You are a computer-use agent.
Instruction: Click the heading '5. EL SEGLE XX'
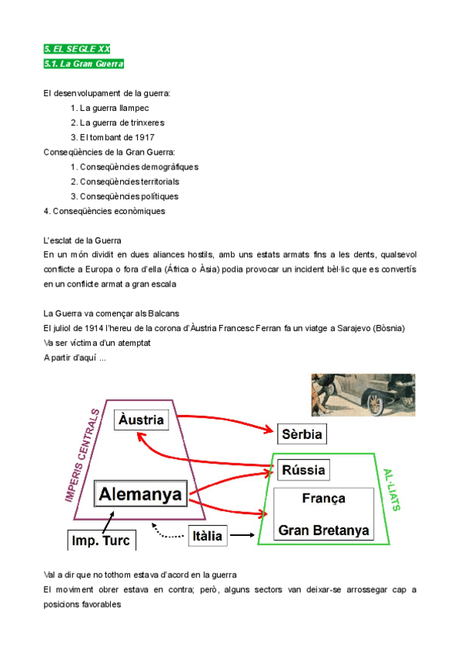coord(77,49)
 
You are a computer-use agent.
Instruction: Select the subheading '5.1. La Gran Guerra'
coord(84,64)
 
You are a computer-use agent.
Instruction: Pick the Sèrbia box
coord(302,434)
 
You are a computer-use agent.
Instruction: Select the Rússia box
coord(303,469)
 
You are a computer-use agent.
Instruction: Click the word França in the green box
coord(323,498)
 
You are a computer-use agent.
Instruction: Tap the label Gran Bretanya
coord(323,531)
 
